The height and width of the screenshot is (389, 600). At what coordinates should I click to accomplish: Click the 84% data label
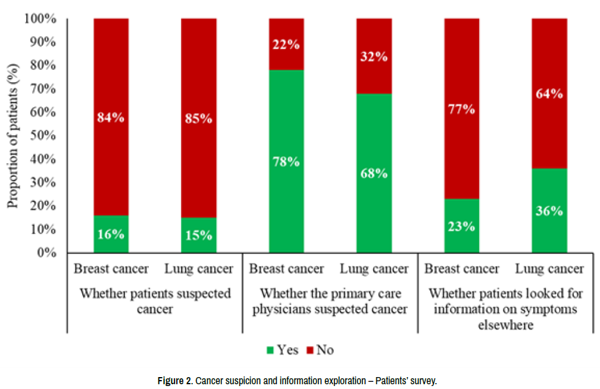pos(111,117)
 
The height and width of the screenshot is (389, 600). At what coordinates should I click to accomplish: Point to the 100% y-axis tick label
pos(41,19)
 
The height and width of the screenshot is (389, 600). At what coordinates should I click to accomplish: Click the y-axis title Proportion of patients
pos(13,136)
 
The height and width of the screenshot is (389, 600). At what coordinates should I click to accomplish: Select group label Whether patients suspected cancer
pos(155,301)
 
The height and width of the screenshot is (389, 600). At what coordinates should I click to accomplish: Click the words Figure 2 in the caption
pos(174,380)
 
